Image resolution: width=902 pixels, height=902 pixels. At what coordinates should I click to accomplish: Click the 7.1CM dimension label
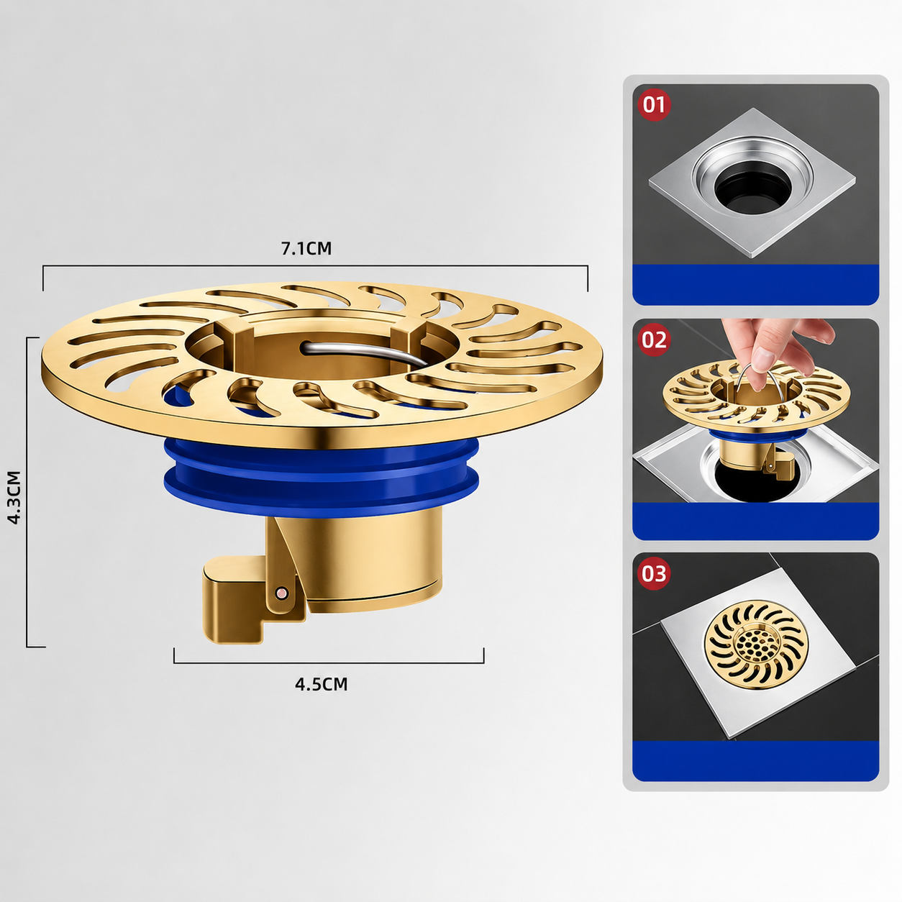pos(306,249)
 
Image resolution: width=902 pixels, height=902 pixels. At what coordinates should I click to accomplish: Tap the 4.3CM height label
pos(14,498)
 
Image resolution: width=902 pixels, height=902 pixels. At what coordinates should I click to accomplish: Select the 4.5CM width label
pos(322,684)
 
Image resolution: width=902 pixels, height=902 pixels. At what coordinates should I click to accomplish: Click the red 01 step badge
pos(654,104)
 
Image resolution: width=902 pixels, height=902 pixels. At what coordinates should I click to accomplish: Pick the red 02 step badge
pos(654,340)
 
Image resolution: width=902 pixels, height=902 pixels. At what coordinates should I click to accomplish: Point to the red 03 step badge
pos(654,573)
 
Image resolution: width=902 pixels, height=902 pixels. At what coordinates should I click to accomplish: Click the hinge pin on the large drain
pos(281,592)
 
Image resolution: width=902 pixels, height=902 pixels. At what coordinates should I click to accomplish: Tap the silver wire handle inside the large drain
pos(360,351)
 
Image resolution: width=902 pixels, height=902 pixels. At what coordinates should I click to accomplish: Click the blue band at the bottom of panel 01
pos(755,285)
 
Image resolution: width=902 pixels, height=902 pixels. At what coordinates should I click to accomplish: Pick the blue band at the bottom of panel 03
pos(755,761)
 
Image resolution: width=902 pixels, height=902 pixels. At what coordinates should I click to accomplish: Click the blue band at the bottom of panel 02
pos(755,521)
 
